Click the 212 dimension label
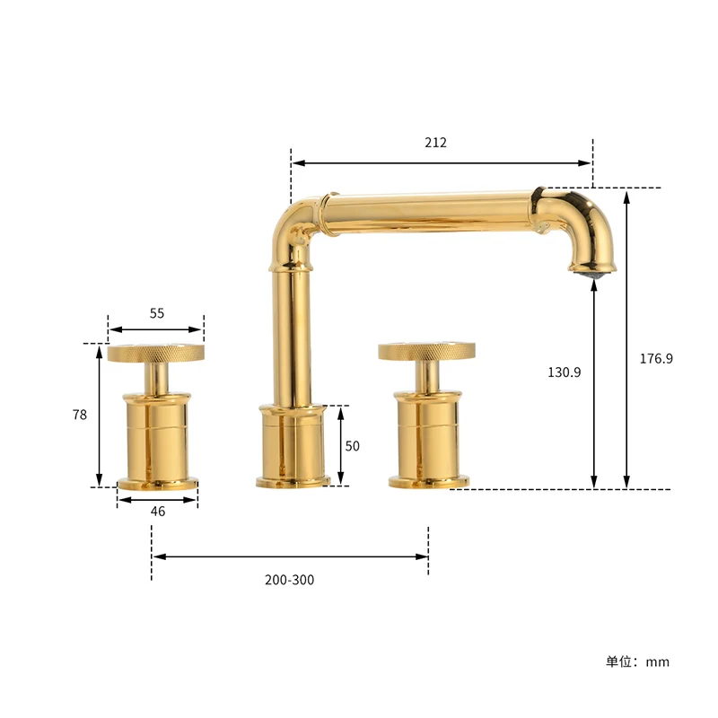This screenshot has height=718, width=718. [436, 142]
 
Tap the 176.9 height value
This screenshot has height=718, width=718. [656, 358]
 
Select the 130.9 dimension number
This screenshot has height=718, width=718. [565, 372]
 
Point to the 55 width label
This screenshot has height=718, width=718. [157, 313]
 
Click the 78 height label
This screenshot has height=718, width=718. [80, 415]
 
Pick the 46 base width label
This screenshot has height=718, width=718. [158, 511]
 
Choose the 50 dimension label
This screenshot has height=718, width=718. [353, 445]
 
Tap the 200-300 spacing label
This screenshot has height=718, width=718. [290, 580]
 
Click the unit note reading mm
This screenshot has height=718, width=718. [637, 661]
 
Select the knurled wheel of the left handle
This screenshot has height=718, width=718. [155, 353]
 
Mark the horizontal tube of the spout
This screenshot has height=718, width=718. [431, 212]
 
